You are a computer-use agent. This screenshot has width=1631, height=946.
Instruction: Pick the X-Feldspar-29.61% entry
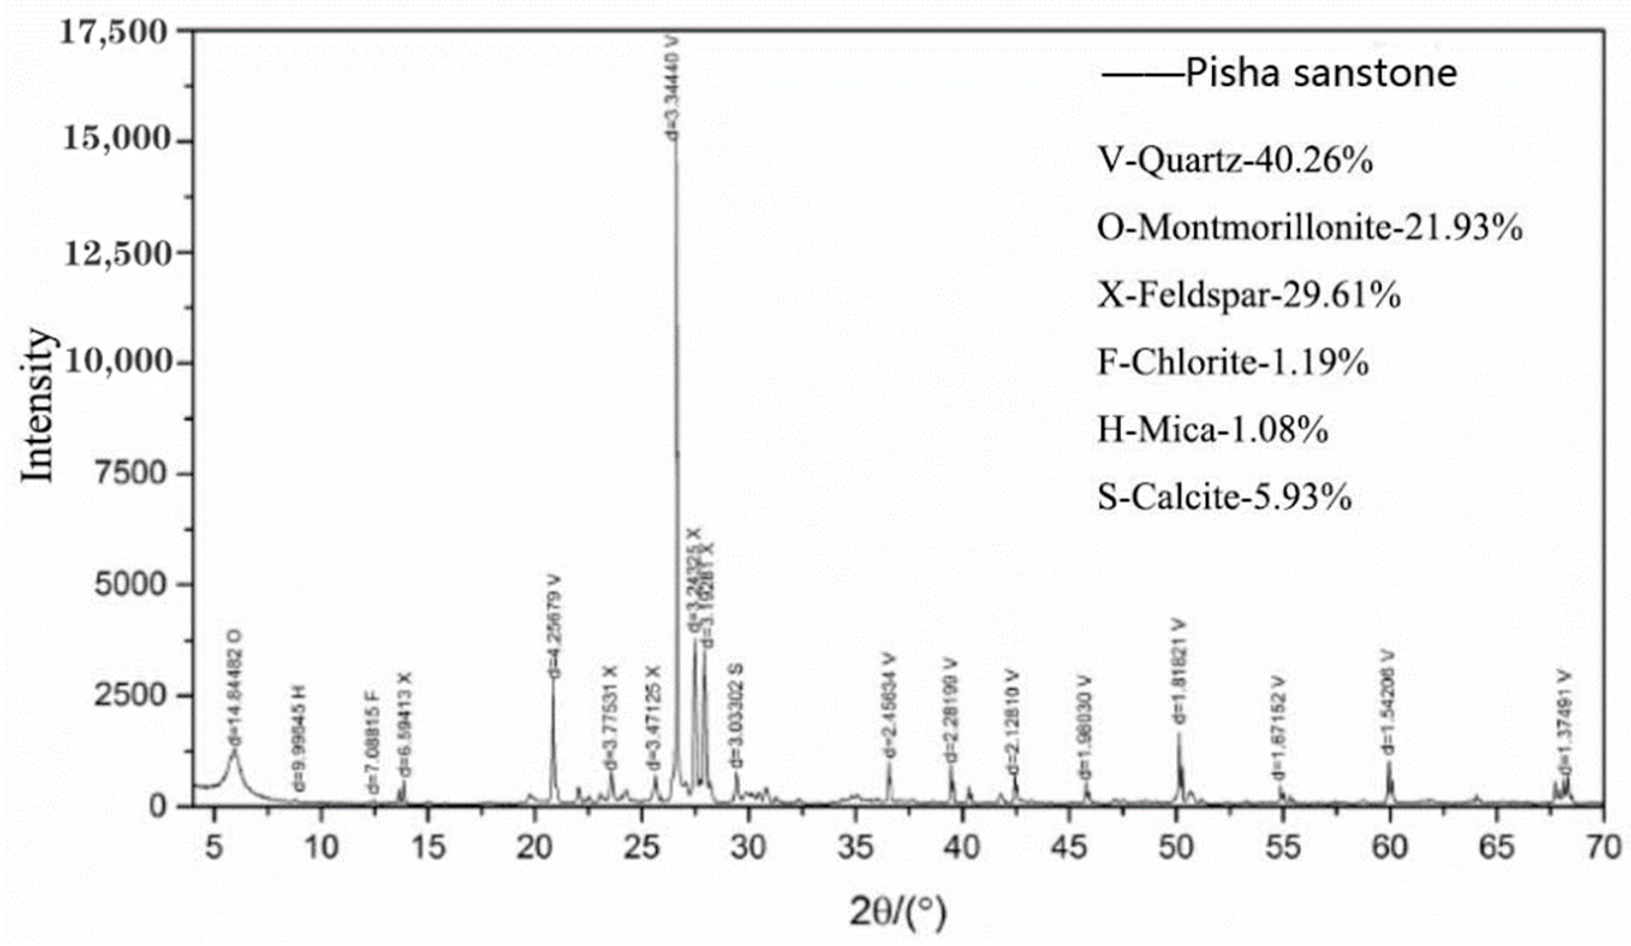(1249, 295)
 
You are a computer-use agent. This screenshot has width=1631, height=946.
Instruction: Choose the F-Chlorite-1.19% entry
(1234, 362)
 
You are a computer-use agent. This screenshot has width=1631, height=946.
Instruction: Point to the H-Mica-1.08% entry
(1213, 430)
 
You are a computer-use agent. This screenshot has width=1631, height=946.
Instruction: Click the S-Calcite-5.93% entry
(1225, 497)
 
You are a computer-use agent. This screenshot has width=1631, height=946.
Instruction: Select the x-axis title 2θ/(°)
(898, 911)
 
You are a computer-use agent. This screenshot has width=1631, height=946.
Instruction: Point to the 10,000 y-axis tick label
(117, 364)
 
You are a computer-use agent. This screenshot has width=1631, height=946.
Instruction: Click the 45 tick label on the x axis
(1069, 847)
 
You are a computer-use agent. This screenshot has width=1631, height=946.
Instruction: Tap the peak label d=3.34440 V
(674, 87)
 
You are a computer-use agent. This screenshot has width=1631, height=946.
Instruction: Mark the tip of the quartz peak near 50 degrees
(1178, 734)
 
